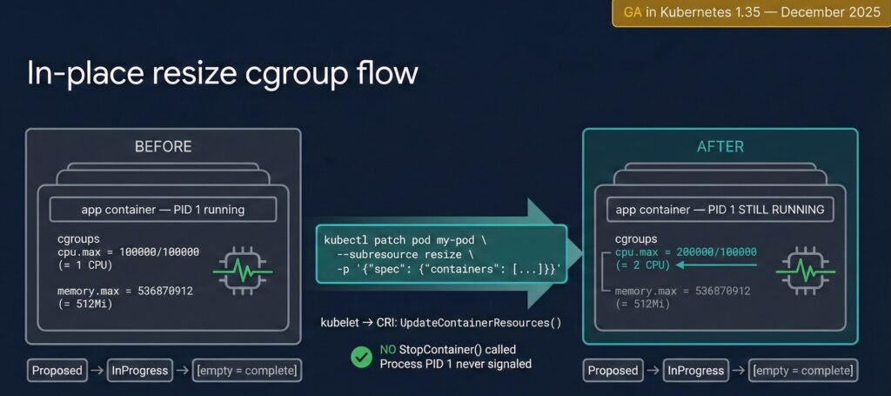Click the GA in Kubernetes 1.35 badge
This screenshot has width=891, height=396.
coord(750,13)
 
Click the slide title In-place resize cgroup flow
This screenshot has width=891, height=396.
coord(223,73)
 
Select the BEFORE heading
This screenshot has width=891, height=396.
coord(163,146)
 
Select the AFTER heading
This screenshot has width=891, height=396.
coord(720,146)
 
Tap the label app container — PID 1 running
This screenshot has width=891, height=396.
coord(163,209)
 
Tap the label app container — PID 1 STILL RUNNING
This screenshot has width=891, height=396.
coord(720,209)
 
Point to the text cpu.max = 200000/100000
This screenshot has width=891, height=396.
coord(685,252)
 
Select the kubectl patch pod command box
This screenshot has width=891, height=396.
coord(441,253)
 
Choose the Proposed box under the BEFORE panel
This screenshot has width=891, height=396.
coord(57,371)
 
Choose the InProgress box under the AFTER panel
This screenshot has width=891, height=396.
coord(696,371)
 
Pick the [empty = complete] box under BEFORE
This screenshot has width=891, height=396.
coord(248,371)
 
